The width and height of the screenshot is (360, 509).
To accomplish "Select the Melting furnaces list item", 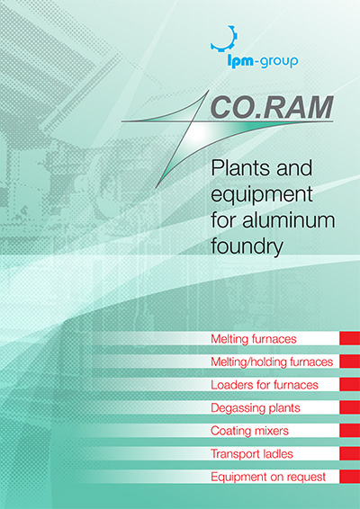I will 253,339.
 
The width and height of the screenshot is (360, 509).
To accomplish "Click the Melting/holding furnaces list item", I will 271,362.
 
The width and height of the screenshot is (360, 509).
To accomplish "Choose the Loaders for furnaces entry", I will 265,385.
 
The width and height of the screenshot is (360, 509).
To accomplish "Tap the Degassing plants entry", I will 255,407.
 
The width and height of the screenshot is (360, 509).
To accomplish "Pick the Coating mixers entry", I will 249,431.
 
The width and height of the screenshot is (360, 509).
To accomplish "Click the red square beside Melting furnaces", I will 349,339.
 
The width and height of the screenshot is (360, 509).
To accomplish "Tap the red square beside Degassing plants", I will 349,407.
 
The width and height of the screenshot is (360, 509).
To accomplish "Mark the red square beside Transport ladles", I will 349,453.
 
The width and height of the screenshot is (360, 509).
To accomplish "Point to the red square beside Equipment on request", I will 349,476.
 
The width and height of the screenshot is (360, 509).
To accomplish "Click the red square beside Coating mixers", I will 349,431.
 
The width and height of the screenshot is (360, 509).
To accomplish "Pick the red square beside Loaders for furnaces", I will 349,385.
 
